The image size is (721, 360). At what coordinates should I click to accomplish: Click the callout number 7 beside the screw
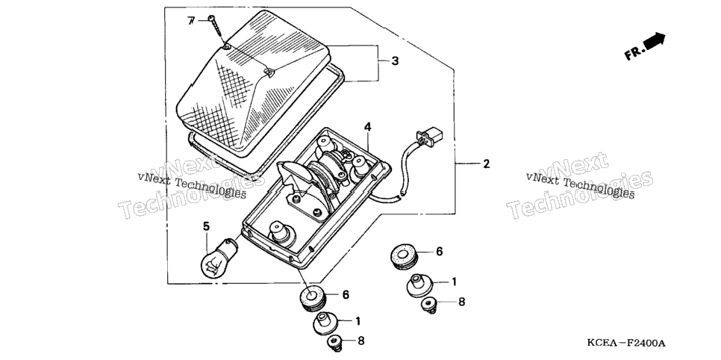(191, 21)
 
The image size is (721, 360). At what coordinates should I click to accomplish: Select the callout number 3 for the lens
(395, 60)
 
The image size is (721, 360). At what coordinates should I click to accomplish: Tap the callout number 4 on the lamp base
(368, 126)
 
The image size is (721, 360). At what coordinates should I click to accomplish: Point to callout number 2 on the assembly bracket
(486, 164)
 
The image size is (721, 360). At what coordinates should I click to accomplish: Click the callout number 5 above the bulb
(206, 226)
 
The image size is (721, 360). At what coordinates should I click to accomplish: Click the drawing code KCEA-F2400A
(625, 344)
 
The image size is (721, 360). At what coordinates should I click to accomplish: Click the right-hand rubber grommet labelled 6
(404, 256)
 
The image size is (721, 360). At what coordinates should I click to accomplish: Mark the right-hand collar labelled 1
(419, 285)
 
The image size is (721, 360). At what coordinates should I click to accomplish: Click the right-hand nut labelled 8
(429, 305)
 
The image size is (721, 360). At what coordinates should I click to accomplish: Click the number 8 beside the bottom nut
(361, 341)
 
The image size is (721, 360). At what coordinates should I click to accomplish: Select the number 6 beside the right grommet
(439, 252)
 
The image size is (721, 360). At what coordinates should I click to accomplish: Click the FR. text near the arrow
(634, 53)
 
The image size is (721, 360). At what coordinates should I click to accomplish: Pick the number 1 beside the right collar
(454, 282)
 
